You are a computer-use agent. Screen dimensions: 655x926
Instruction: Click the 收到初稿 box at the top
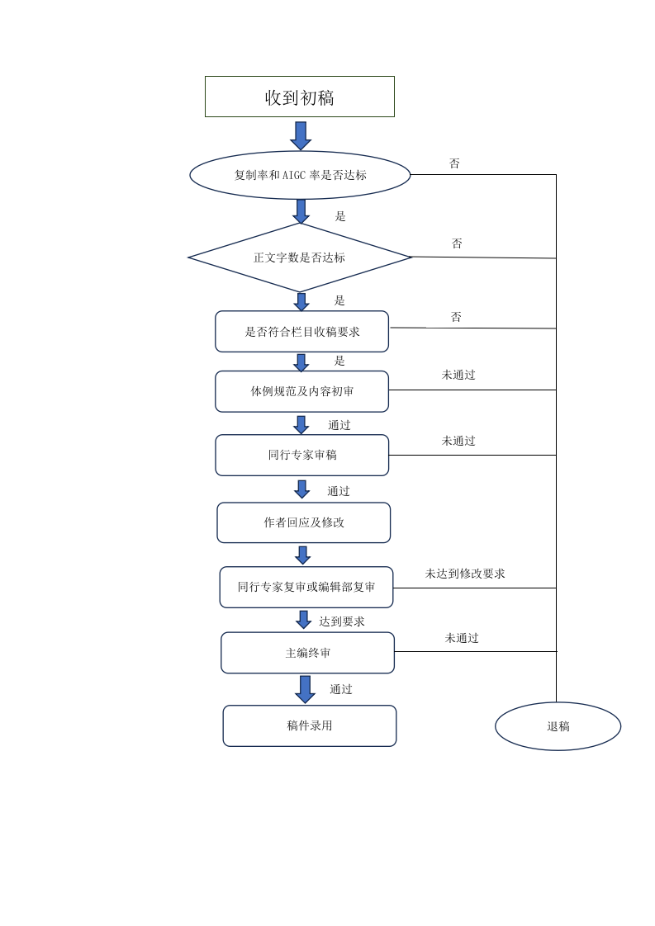coord(300,97)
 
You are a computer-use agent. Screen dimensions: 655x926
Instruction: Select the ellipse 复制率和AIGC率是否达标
coord(300,175)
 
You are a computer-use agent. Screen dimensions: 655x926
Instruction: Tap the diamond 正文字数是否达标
coord(300,257)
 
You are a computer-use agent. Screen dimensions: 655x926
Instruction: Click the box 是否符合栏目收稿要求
coord(302,331)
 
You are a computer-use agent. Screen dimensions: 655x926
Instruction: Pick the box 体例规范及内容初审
coord(302,391)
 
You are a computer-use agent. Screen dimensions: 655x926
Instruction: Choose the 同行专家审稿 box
coord(302,455)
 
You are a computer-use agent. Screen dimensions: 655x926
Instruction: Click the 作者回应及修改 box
coord(304,522)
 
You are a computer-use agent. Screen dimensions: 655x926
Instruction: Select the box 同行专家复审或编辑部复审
coord(306,587)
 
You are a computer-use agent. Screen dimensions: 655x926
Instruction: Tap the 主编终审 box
coord(308,653)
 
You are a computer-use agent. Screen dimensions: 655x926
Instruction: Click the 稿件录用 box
coord(310,725)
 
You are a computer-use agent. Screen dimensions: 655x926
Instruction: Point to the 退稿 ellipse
coord(558,725)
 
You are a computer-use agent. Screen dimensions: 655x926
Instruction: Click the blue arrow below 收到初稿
coord(301,136)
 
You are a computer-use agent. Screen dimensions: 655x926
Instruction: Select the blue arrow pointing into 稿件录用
coord(305,689)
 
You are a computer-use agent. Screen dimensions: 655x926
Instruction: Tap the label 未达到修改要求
coord(465,574)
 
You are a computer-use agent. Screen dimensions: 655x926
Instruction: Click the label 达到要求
coord(342,621)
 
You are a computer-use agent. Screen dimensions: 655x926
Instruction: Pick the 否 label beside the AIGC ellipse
coord(454,163)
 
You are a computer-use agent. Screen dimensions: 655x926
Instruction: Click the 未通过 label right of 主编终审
coord(462,638)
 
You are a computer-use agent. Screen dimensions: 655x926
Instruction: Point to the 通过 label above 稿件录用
coord(341,689)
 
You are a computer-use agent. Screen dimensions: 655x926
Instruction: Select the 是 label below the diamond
coord(339,300)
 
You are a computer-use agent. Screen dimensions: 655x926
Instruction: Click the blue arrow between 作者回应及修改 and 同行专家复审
coord(302,555)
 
